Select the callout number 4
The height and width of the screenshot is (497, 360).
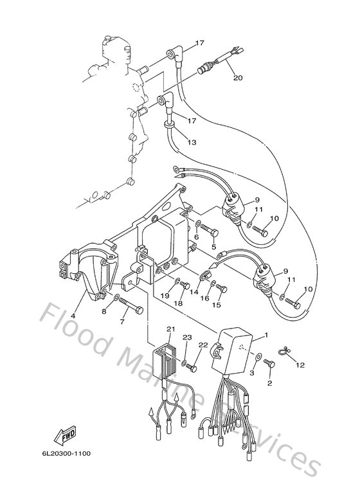[73, 316]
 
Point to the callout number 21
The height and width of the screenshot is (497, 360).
[170, 329]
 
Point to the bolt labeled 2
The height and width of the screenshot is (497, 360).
[269, 365]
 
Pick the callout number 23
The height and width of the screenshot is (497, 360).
[187, 338]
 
